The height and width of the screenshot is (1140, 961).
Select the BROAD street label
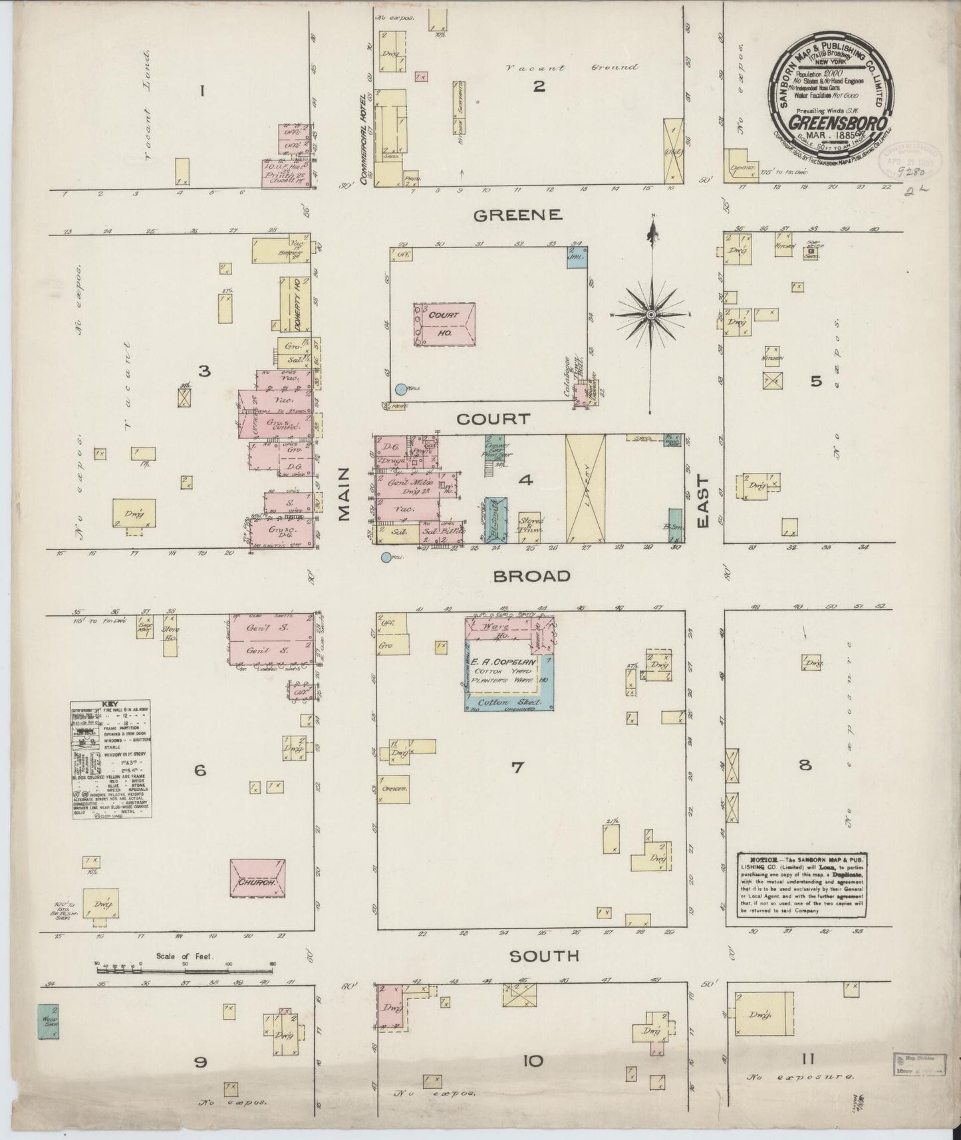tap(531, 576)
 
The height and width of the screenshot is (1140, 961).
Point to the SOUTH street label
tap(544, 956)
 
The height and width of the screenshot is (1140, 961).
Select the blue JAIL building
tap(575, 255)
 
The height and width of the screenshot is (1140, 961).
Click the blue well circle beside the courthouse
tap(400, 390)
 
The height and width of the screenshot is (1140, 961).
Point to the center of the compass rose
tap(652, 313)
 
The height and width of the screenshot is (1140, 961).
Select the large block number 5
tap(816, 381)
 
